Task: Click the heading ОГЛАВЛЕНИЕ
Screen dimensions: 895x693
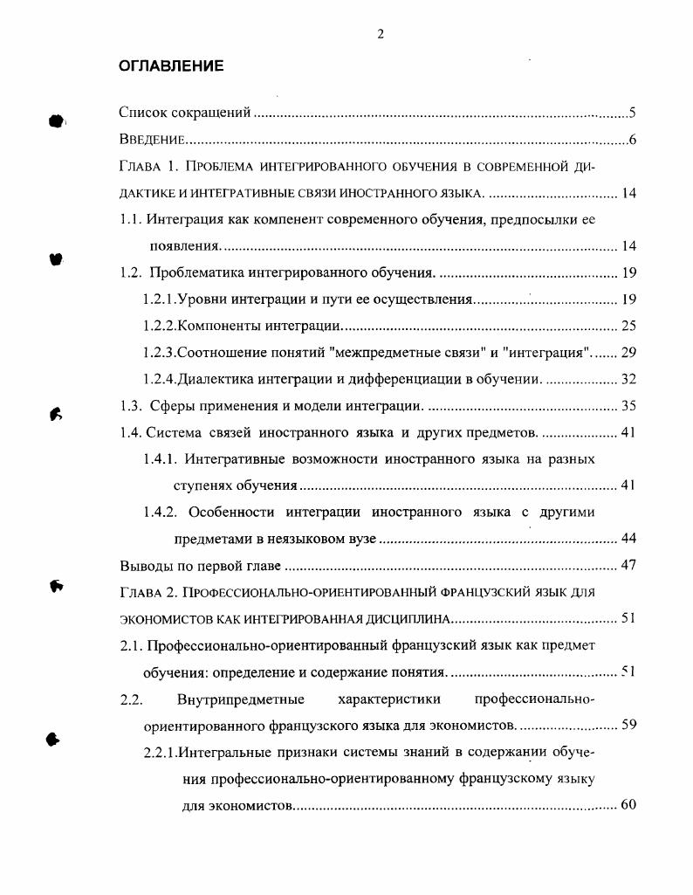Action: point(171,66)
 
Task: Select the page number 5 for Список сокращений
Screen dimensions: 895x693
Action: point(631,113)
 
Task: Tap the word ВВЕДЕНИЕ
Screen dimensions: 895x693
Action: point(151,141)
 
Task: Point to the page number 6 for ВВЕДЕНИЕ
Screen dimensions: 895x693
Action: point(631,141)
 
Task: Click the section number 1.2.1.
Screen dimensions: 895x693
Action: point(160,299)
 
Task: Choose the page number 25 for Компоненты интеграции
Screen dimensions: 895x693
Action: point(628,327)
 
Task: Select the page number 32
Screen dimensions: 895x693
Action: point(628,380)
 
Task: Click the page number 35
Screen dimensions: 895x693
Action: point(628,406)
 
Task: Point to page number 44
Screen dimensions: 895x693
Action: point(628,539)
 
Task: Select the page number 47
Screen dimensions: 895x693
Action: point(628,565)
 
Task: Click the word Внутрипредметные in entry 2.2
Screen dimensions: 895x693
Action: point(240,699)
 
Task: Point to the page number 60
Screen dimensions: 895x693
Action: point(628,804)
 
